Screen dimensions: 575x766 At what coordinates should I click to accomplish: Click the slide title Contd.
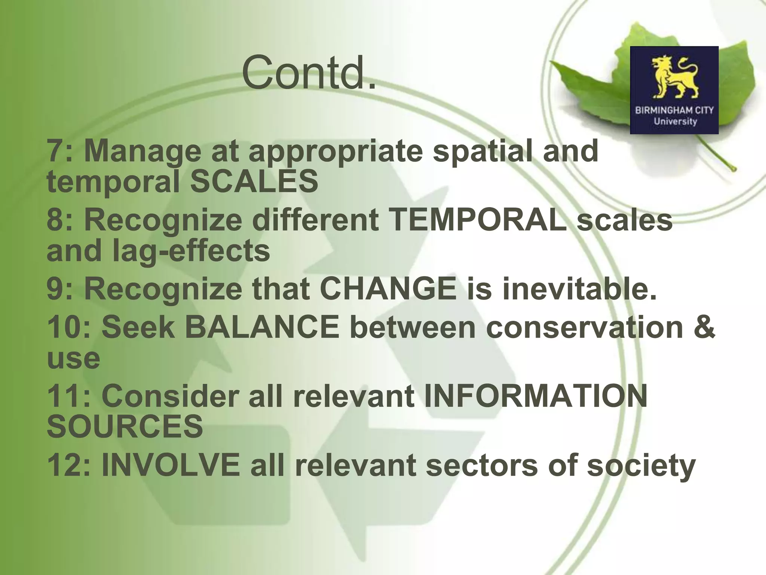coord(309,72)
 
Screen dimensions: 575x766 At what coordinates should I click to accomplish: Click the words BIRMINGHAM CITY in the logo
coord(674,110)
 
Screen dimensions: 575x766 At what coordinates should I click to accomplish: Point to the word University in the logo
coord(675,122)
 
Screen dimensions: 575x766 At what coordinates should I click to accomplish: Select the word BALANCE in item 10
coord(262,327)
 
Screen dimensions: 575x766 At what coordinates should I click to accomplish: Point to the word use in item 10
coord(73,359)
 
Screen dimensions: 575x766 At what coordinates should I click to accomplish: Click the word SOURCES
coord(125,427)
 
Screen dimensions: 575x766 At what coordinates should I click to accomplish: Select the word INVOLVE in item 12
coord(171,465)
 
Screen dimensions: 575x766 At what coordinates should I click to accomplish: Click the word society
coord(641,465)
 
